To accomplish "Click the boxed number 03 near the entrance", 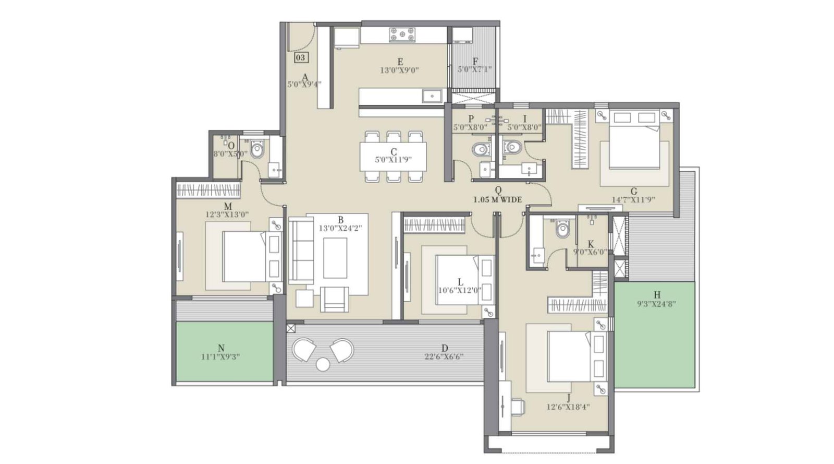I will (301, 57).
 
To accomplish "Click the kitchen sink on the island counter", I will (432, 96).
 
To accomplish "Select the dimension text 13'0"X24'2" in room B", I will (340, 228).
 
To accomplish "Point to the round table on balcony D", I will (323, 364).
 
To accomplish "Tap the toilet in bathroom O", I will (257, 150).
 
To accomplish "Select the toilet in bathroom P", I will (482, 150).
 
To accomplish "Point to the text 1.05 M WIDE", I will (497, 199).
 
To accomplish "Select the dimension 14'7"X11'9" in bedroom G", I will (633, 199).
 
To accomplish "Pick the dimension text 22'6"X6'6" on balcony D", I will (444, 357).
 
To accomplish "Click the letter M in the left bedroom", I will (228, 207).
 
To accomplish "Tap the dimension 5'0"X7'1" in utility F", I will (474, 69).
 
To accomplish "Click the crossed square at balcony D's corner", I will (291, 328).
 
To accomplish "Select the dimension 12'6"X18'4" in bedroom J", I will (568, 407).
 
